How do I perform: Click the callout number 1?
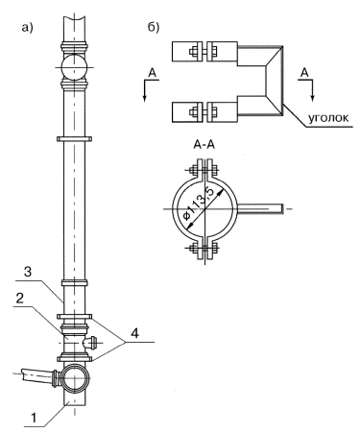point(34,418)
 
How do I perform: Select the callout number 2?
point(20,299)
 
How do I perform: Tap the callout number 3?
point(28,272)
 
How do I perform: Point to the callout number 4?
point(134,334)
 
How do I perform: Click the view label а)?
point(27,28)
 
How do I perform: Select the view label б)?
point(154,28)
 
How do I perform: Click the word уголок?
point(328,118)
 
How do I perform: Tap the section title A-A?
point(204,145)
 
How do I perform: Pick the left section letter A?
point(153,73)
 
